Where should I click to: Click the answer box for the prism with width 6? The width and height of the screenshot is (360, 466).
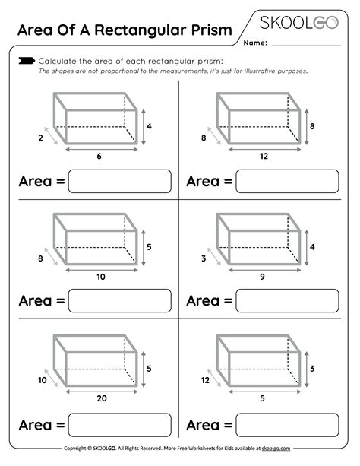(119, 181)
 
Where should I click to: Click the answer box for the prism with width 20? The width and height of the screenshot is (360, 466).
(119, 423)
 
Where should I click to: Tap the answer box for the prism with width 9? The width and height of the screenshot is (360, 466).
(287, 301)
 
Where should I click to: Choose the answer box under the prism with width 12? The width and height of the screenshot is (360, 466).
(287, 181)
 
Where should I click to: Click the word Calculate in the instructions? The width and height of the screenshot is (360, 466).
(56, 61)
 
